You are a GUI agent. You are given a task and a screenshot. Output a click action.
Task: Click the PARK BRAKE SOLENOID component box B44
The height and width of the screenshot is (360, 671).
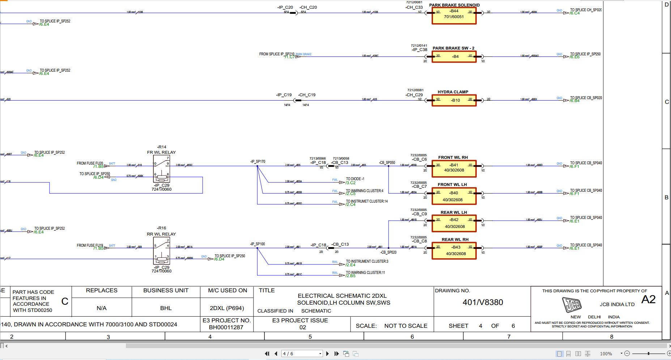tap(454, 16)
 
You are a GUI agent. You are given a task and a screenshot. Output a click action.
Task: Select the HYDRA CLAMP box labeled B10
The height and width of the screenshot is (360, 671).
tap(454, 100)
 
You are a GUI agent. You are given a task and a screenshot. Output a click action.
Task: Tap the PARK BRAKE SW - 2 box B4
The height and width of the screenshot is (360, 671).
tap(454, 56)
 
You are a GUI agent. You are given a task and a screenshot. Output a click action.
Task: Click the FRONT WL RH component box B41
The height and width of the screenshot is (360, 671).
tap(454, 169)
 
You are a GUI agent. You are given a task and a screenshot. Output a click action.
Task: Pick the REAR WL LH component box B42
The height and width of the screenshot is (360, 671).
tap(454, 223)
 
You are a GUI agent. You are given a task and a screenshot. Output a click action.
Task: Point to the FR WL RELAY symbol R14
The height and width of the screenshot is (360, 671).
tap(161, 169)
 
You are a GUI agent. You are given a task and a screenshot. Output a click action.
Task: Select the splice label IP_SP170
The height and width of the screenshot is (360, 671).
tap(258, 162)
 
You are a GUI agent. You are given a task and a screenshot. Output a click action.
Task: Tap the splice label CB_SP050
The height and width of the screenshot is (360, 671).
tap(387, 163)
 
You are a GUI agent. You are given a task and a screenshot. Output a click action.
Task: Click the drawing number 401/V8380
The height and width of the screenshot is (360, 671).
tap(483, 302)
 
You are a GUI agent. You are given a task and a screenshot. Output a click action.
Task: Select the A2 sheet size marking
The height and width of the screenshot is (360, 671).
tap(648, 300)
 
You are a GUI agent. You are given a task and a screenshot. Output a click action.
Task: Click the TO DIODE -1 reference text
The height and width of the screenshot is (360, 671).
tap(355, 179)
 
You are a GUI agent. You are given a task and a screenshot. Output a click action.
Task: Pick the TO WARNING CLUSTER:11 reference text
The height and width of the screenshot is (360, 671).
tap(365, 272)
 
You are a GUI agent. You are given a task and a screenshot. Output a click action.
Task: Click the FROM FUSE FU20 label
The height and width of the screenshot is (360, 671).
tap(90, 163)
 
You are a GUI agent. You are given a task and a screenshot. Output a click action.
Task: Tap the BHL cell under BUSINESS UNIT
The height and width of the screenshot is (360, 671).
tap(166, 308)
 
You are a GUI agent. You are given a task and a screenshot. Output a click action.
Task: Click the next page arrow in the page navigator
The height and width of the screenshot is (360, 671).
tap(328, 353)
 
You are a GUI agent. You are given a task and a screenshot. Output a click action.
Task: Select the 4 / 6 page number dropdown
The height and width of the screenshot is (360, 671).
tap(302, 353)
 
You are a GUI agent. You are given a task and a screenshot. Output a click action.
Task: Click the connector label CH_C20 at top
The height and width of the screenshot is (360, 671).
tap(308, 7)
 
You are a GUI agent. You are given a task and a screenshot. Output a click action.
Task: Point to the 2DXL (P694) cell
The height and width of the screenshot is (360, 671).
tap(227, 308)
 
